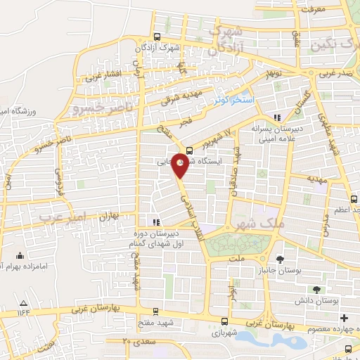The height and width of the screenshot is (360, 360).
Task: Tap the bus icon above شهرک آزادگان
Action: tap(157, 38)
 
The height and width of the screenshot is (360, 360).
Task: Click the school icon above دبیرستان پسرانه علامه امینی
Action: tap(278, 117)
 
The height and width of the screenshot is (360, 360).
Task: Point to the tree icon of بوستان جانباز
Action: tap(281, 260)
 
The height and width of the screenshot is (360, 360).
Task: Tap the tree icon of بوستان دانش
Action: tap(316, 289)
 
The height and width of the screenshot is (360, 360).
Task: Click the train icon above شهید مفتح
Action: tap(155, 311)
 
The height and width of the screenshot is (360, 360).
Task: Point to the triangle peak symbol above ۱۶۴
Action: tap(22, 302)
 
